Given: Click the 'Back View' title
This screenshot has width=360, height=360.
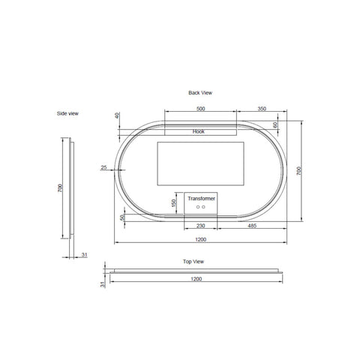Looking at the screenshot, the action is (x=200, y=93).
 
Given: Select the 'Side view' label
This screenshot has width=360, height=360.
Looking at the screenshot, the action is (x=67, y=113).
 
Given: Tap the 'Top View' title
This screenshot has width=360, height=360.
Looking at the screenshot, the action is (x=193, y=262).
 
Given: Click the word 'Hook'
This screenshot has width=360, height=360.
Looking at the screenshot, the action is (x=199, y=131).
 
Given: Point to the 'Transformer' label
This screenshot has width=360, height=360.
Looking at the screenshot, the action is (x=202, y=199).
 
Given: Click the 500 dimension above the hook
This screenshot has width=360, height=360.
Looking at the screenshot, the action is (x=201, y=109).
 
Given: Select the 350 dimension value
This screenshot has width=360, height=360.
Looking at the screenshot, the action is (x=262, y=109).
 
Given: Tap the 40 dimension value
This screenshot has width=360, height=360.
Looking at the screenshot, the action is (x=118, y=115).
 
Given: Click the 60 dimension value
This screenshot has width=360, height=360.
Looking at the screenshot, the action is (x=275, y=125).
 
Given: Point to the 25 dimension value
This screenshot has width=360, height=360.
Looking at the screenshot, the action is (x=103, y=167).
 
